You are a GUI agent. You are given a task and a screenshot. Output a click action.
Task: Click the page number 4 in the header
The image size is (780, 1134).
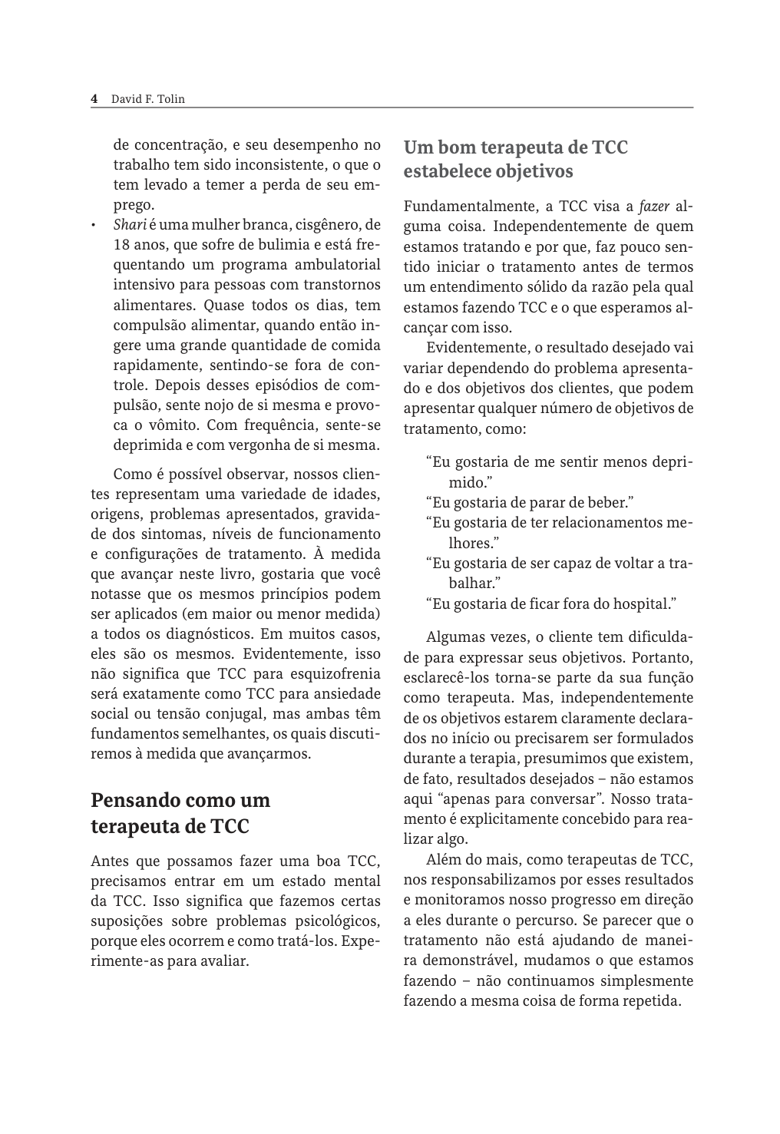coord(94,99)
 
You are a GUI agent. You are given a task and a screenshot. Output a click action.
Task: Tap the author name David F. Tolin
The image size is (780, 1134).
coord(148,99)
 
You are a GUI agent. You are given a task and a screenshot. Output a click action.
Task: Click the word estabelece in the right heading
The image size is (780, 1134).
coord(445,171)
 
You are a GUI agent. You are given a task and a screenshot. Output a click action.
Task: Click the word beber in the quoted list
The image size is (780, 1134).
coord(610,503)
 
